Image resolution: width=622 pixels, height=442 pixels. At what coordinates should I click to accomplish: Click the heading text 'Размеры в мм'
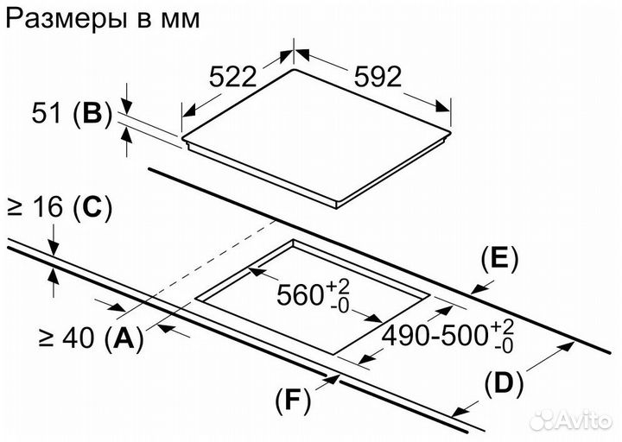102,19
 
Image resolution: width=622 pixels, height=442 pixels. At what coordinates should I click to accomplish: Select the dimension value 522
234,77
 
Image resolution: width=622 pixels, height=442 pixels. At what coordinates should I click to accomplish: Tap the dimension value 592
378,77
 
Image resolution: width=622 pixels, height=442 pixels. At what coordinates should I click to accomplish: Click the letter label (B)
92,113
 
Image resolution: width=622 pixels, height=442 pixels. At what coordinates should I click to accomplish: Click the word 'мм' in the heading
178,19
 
